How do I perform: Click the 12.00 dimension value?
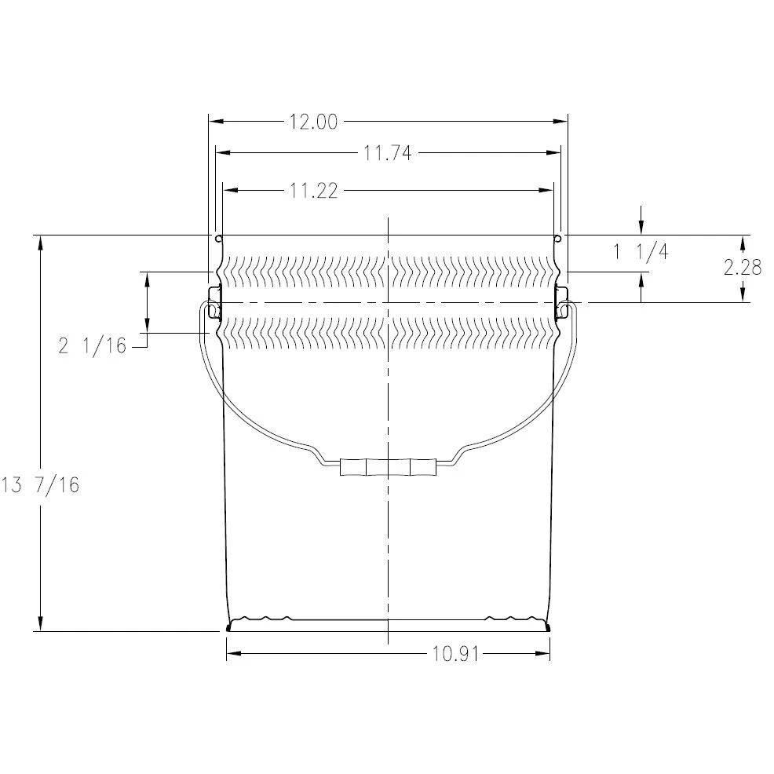tap(313, 122)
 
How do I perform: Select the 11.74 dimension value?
tap(388, 154)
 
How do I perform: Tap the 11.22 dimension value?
tap(313, 190)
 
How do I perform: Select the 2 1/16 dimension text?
tap(92, 345)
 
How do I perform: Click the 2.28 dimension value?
tap(743, 267)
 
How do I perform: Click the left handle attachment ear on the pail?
tap(213, 303)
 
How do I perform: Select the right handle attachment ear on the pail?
tap(562, 303)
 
